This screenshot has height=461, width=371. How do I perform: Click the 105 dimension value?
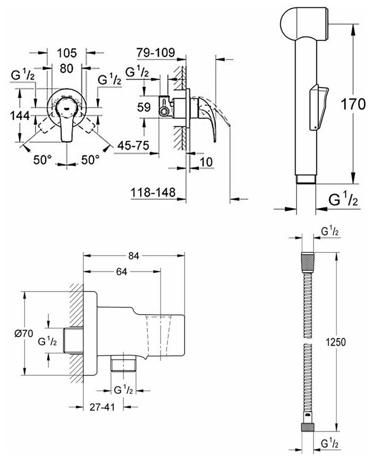pyautogui.click(x=67, y=53)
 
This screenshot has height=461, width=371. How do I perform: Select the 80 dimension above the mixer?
pyautogui.click(x=66, y=69)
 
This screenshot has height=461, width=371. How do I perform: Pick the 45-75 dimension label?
pyautogui.click(x=133, y=144)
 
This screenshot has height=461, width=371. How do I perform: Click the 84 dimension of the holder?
pyautogui.click(x=134, y=256)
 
